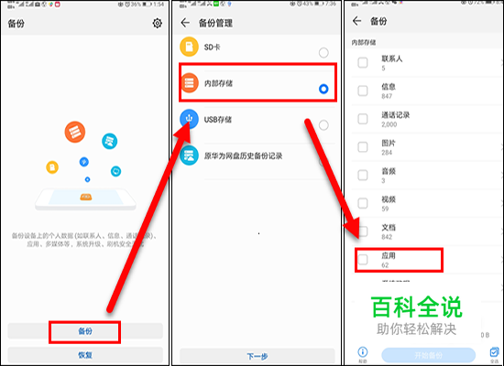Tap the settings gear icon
[x=158, y=23]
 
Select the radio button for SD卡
[x=323, y=53]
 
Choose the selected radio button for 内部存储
[x=323, y=89]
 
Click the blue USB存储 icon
[x=189, y=118]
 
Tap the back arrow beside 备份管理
[x=186, y=22]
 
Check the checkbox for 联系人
[x=363, y=63]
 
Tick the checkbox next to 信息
[x=363, y=91]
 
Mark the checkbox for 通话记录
[x=363, y=120]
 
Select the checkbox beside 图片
[x=363, y=148]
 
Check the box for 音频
[x=363, y=177]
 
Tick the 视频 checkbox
[x=363, y=204]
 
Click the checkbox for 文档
[x=363, y=232]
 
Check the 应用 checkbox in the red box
[x=363, y=261]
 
